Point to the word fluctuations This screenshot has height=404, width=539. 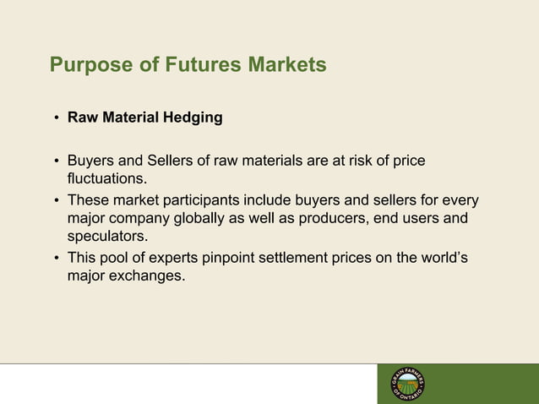[x=106, y=178]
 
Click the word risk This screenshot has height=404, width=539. [x=373, y=160]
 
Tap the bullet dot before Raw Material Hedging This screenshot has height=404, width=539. [x=57, y=119]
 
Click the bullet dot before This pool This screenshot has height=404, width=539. [x=57, y=258]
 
